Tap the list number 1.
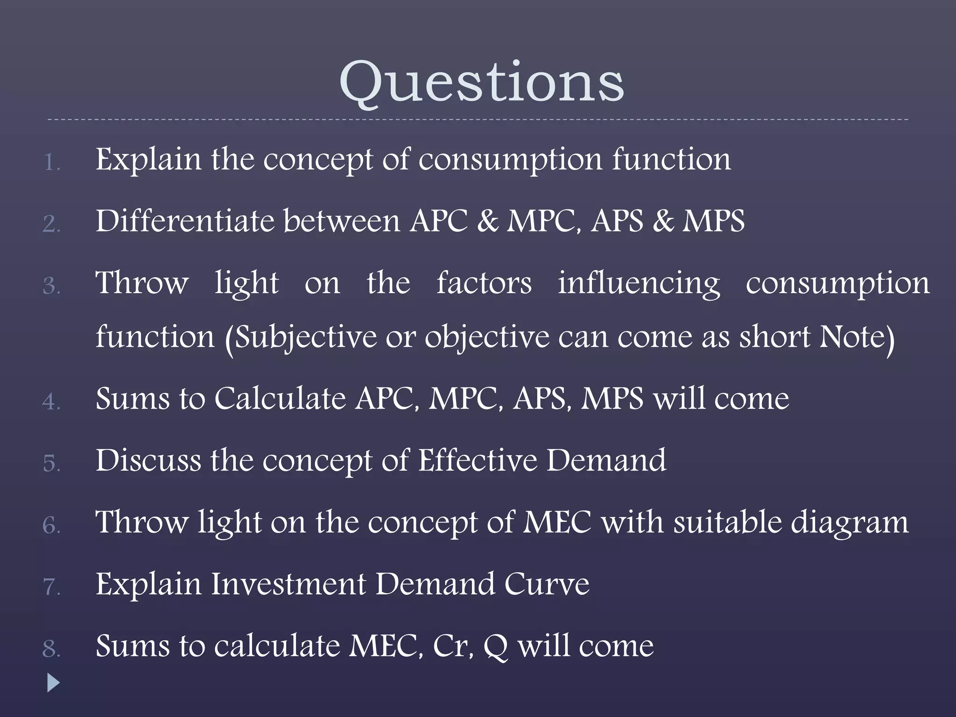click(x=51, y=163)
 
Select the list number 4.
click(x=51, y=401)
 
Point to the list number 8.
click(x=51, y=649)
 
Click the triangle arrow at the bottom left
click(x=54, y=683)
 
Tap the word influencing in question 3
click(x=639, y=283)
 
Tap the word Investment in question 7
click(x=288, y=584)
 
